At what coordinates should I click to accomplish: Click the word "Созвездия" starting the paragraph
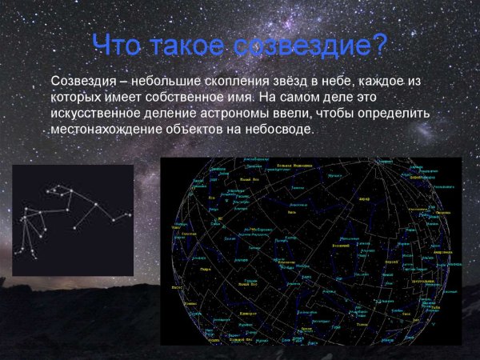click(81, 82)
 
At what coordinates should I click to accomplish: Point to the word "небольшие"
click(162, 82)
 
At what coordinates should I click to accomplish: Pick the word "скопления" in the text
click(231, 82)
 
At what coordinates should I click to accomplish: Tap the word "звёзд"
click(285, 82)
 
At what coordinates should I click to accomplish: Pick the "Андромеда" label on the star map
click(439, 250)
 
